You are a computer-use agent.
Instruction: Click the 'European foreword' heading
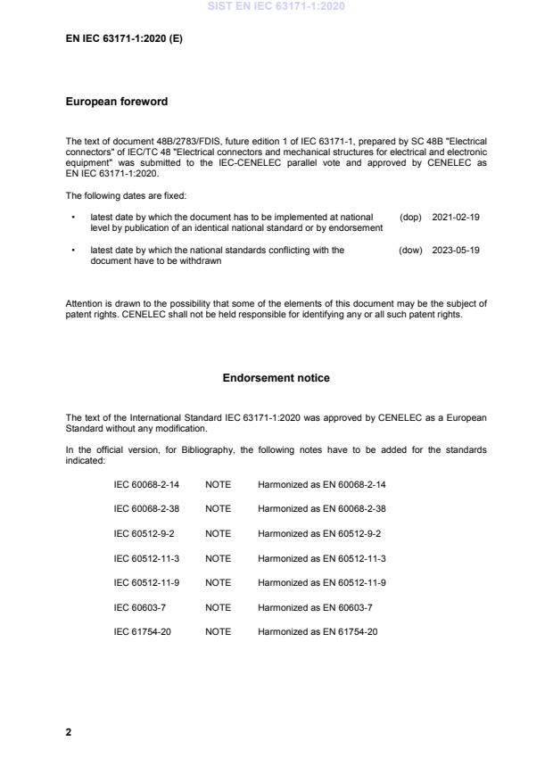[116, 102]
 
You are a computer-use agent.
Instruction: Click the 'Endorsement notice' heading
[276, 378]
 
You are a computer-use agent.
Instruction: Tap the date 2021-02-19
[456, 217]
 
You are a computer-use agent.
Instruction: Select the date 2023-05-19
[456, 251]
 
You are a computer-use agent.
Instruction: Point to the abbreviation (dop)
[410, 217]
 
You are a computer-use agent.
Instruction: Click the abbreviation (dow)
[410, 251]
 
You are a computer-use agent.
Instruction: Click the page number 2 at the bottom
[69, 732]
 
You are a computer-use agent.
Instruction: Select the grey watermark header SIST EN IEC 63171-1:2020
[276, 6]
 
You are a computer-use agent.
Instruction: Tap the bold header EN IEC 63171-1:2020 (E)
[124, 38]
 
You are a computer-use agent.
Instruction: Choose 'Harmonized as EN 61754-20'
[318, 631]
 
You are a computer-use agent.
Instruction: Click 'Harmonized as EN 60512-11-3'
[321, 557]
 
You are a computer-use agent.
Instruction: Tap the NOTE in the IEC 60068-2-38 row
[218, 508]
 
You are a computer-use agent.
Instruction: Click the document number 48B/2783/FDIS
[173, 142]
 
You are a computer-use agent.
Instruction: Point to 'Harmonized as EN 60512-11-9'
[321, 582]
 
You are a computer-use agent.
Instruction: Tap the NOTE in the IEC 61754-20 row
[218, 631]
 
